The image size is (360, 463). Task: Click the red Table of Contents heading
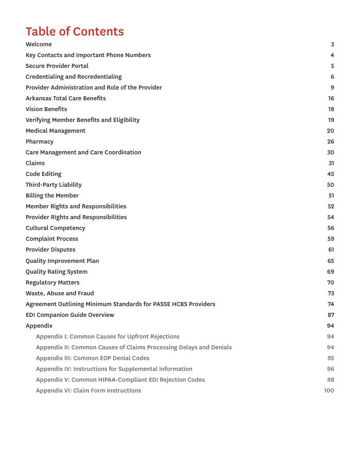pos(75,31)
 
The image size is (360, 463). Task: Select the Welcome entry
pos(39,44)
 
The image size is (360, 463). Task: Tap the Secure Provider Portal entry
pos(57,66)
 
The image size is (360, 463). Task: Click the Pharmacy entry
pos(40,141)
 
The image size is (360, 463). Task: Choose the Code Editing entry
pos(43,174)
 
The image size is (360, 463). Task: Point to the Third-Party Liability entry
pos(53,185)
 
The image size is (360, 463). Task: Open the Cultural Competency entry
pos(56,228)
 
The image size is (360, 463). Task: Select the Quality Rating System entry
pos(57,272)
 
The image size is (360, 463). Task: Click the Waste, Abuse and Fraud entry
pos(60,293)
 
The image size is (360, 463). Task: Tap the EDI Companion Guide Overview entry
pos(70,315)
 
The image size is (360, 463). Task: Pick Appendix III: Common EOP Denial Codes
pos(93,358)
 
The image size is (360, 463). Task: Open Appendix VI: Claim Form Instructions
pos(88,390)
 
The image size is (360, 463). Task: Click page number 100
pos(329,390)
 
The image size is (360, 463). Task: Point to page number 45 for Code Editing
pos(330,174)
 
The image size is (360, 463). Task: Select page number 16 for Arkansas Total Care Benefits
pos(331,98)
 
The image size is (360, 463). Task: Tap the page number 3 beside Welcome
pos(332,44)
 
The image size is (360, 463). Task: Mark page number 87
pos(330,315)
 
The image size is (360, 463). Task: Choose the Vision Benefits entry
pos(46,109)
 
